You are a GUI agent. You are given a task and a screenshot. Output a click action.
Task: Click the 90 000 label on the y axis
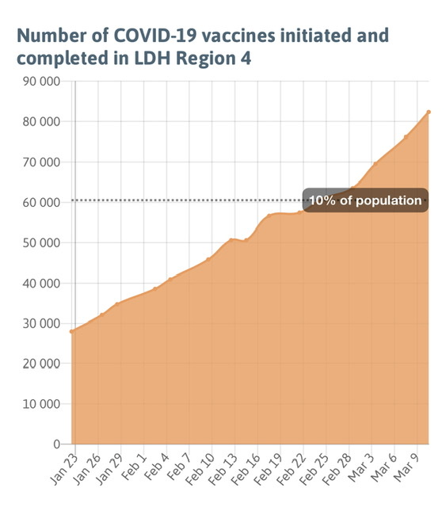[41, 82]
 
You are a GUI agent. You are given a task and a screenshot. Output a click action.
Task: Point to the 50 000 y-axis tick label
[41, 243]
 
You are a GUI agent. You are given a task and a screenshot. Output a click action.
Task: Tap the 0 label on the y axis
[57, 444]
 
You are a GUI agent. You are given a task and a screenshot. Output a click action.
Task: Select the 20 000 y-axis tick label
[41, 364]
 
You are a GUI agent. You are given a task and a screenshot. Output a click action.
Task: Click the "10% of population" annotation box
[365, 200]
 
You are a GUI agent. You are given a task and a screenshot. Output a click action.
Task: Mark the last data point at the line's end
[429, 112]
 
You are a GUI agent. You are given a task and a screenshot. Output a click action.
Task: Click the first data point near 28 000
[72, 331]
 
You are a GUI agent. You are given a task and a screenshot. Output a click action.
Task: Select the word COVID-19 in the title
[155, 35]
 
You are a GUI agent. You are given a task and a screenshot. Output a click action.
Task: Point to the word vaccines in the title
[240, 35]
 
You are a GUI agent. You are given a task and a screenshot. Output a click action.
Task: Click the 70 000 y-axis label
[41, 162]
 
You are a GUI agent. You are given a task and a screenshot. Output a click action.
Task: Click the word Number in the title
[51, 35]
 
